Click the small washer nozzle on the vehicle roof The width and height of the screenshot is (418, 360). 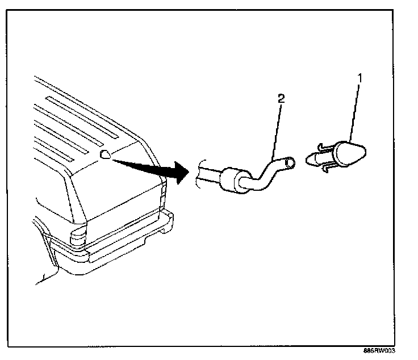coord(105,154)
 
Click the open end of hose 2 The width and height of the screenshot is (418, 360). coord(290,163)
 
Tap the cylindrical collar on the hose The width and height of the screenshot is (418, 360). coord(230,179)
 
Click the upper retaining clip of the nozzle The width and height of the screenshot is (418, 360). coord(321,148)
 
